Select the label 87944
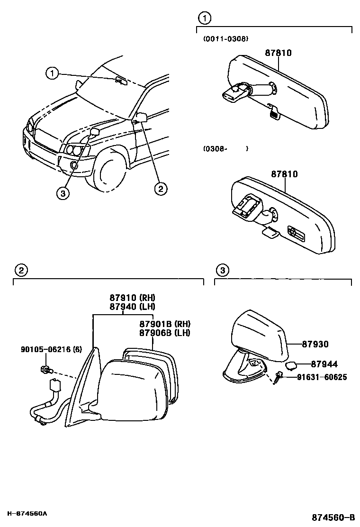324,364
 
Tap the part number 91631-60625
322,377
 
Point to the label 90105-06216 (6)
51,350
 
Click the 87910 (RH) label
133,298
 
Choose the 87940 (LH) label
133,307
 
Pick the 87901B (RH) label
165,324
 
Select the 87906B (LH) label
165,333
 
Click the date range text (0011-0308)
225,39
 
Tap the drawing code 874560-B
333,516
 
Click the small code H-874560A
27,514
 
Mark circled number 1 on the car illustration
52,73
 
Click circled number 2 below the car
161,189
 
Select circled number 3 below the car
62,192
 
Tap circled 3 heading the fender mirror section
222,271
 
